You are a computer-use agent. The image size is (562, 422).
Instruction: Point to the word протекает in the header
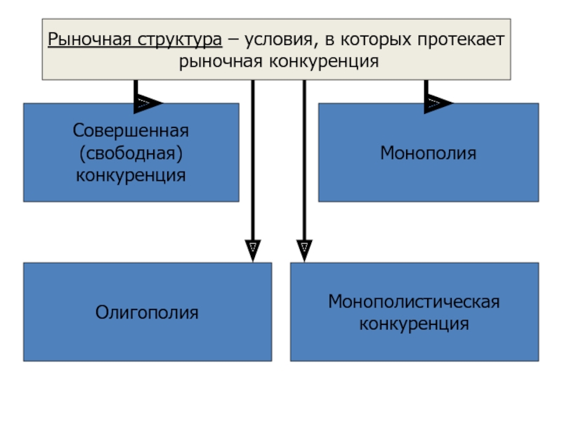[x=461, y=40]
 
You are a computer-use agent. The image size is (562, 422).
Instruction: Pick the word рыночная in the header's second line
[x=221, y=62]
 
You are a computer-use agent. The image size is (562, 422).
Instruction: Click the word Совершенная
[x=131, y=130]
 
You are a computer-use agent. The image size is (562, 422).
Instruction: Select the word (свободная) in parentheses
[x=131, y=153]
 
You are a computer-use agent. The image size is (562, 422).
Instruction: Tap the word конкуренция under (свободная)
[x=131, y=176]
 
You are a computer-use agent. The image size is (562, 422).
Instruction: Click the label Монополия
[x=429, y=153]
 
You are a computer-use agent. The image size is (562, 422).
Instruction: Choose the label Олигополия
[x=147, y=312]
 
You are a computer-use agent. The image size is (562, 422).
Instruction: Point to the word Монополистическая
[x=414, y=302]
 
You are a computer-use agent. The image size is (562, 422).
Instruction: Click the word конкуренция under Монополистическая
[x=414, y=324]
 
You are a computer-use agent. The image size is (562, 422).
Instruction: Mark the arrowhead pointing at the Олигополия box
[x=253, y=250]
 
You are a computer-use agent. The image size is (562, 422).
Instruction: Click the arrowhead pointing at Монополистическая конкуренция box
[x=304, y=250]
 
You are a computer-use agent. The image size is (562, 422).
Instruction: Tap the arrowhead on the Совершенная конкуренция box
[x=148, y=103]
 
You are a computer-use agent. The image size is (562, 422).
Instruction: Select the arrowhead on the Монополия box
[x=438, y=103]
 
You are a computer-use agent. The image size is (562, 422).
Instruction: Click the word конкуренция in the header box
[x=324, y=62]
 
